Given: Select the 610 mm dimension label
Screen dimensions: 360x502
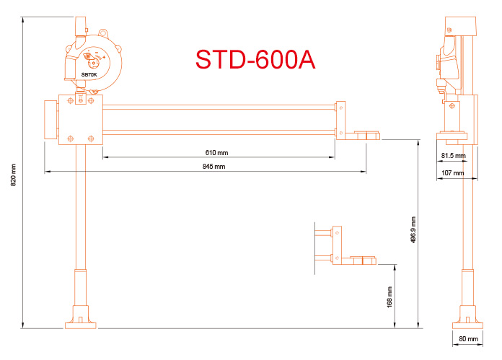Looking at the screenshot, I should click(x=216, y=153).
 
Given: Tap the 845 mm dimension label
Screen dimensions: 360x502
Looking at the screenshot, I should click(x=214, y=167).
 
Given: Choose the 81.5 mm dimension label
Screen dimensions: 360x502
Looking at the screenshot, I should click(x=454, y=156).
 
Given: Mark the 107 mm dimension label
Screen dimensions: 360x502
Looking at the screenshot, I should click(x=452, y=173).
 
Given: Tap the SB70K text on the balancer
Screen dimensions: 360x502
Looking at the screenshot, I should click(x=89, y=74).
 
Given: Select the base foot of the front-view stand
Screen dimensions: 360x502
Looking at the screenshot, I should click(x=81, y=318).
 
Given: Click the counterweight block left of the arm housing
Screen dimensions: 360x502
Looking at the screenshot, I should click(x=50, y=120).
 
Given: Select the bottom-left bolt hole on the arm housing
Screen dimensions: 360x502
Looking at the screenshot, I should click(x=70, y=137).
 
